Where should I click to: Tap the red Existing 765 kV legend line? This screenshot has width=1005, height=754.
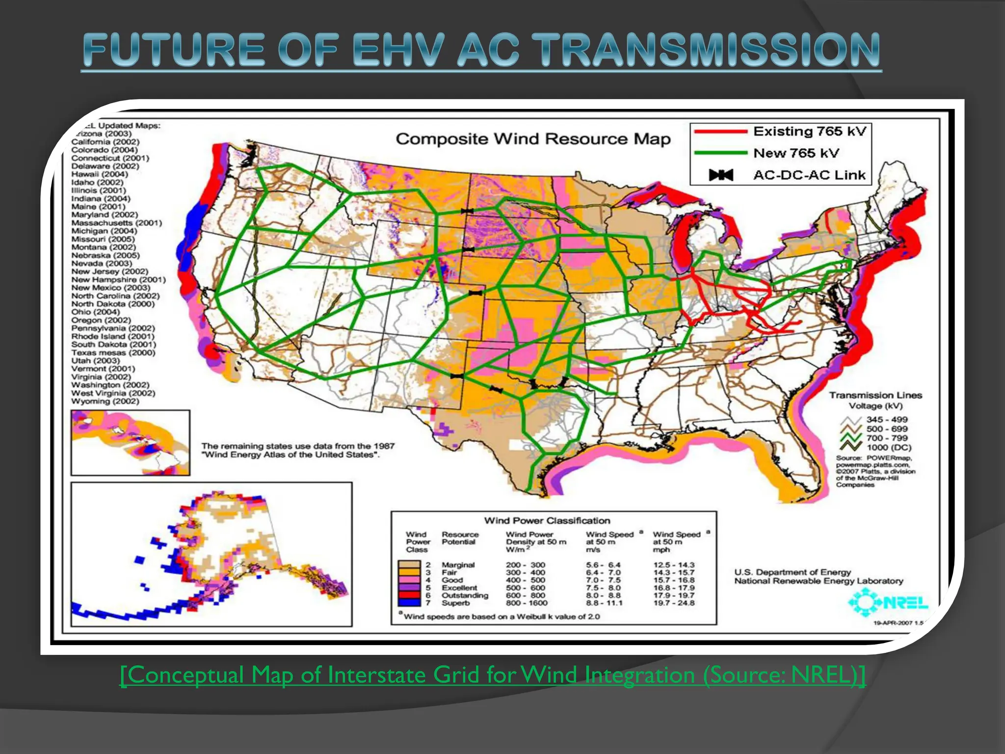tap(719, 132)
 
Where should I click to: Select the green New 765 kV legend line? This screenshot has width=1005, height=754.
tap(719, 153)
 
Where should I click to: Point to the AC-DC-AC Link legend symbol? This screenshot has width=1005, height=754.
tap(721, 175)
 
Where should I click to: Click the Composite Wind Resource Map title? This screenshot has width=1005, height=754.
tap(533, 139)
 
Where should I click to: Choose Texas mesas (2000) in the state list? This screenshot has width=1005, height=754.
tap(113, 352)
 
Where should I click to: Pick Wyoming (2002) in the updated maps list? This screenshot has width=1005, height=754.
tap(105, 401)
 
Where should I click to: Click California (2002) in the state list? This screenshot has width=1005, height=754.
tap(105, 142)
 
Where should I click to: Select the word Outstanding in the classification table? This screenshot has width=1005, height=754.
tap(465, 595)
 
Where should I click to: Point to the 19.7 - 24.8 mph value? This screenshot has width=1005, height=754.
tap(674, 603)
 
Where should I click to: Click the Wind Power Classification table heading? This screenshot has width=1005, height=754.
tap(547, 520)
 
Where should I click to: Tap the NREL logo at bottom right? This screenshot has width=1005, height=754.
tap(888, 602)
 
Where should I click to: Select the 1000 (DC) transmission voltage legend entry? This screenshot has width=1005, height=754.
tap(889, 447)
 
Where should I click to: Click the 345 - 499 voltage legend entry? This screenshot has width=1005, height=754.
tap(887, 419)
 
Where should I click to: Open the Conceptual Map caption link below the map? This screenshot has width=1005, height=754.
tap(493, 675)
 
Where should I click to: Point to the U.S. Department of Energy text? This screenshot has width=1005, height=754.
tap(793, 572)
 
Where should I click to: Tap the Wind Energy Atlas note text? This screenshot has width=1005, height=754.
tap(298, 450)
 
